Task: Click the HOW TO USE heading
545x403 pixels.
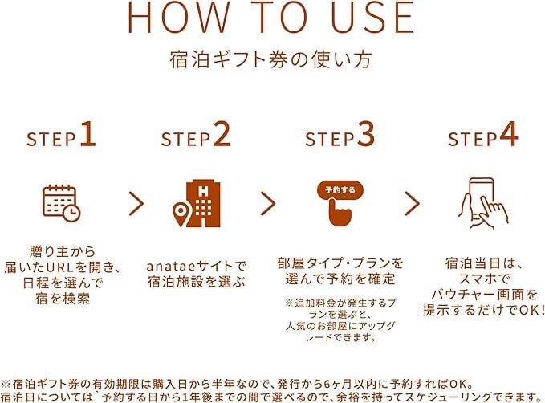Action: click(271, 18)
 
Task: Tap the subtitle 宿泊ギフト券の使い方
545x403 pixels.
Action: click(270, 59)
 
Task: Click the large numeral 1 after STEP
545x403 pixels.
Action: click(88, 135)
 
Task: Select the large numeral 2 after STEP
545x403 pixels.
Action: click(222, 135)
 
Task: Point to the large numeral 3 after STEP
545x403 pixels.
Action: click(366, 135)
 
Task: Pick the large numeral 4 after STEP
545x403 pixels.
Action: click(509, 135)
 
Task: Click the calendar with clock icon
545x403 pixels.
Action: click(62, 203)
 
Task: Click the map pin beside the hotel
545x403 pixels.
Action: click(181, 214)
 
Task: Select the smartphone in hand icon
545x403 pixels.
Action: click(483, 203)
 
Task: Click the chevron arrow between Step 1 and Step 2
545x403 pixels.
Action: click(136, 203)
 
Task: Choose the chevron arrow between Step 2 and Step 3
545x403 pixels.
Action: click(268, 203)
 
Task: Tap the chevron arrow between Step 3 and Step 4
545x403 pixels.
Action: click(413, 203)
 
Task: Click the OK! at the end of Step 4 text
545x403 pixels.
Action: click(532, 310)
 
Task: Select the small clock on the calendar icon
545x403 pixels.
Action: click(71, 213)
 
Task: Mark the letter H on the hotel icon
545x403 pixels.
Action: click(203, 192)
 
